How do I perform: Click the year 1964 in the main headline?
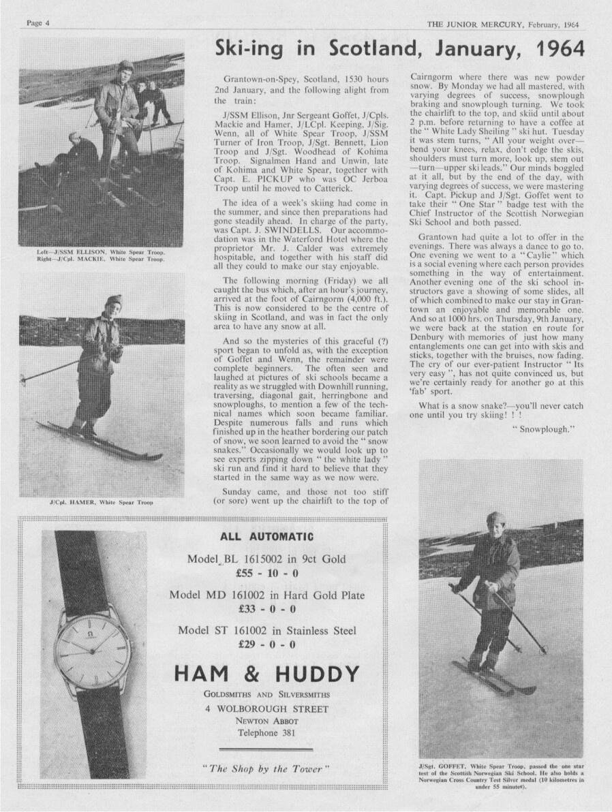coord(553,49)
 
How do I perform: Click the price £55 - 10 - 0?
coord(266,573)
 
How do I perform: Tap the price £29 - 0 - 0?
coord(266,644)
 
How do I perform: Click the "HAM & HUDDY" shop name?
coord(266,674)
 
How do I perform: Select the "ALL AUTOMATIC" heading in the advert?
coord(266,537)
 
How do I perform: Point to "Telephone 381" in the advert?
coord(266,732)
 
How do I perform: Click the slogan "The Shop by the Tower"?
coord(266,768)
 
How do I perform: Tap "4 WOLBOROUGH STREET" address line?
coord(266,708)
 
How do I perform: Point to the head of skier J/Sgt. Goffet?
coord(495,522)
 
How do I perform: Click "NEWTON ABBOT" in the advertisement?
coord(266,720)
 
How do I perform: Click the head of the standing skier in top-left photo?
coord(125,69)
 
